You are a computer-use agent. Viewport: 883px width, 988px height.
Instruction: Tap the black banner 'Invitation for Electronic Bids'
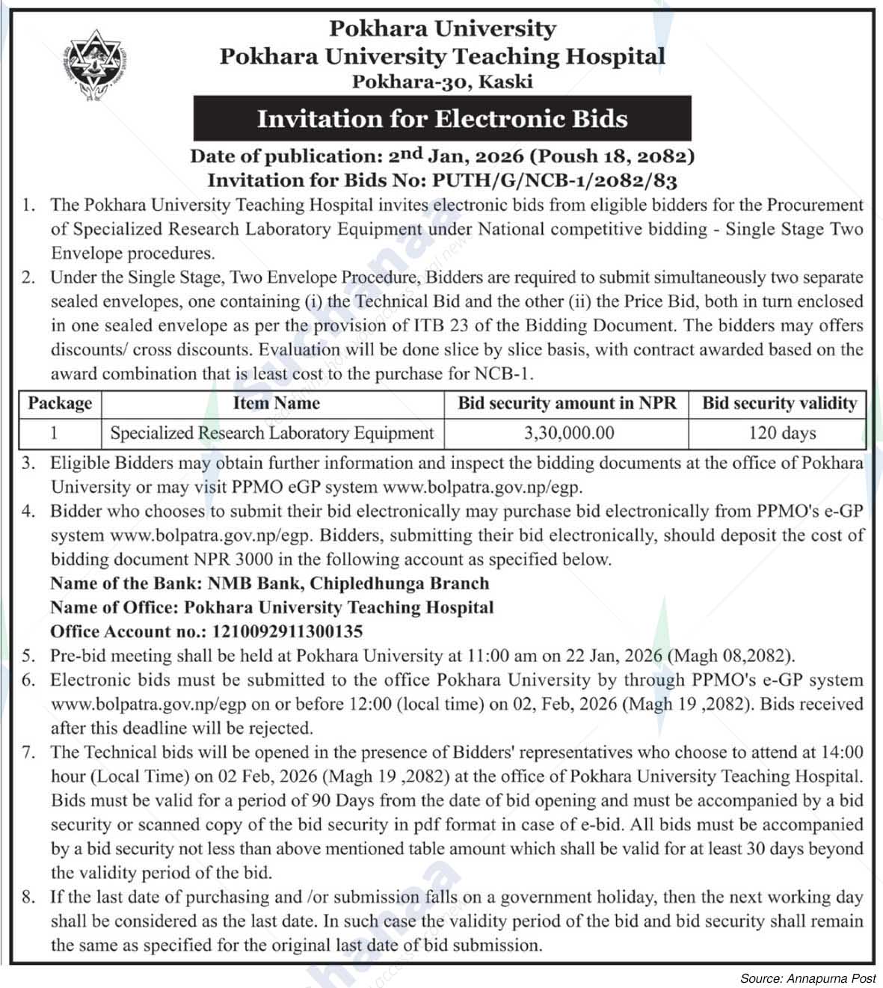point(442,120)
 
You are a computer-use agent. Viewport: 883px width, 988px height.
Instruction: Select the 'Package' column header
point(60,404)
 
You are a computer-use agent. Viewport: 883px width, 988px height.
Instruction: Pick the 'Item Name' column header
point(276,404)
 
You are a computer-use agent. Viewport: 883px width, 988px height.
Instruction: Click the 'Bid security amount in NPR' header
point(567,404)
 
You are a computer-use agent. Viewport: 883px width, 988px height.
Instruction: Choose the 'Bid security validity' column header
point(779,404)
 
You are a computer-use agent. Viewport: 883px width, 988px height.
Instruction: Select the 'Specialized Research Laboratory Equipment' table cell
point(272,432)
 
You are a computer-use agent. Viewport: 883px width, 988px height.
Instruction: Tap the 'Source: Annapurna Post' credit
point(807,978)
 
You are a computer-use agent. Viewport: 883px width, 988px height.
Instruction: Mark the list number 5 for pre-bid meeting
point(28,656)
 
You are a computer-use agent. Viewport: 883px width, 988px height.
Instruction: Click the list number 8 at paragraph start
point(28,897)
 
